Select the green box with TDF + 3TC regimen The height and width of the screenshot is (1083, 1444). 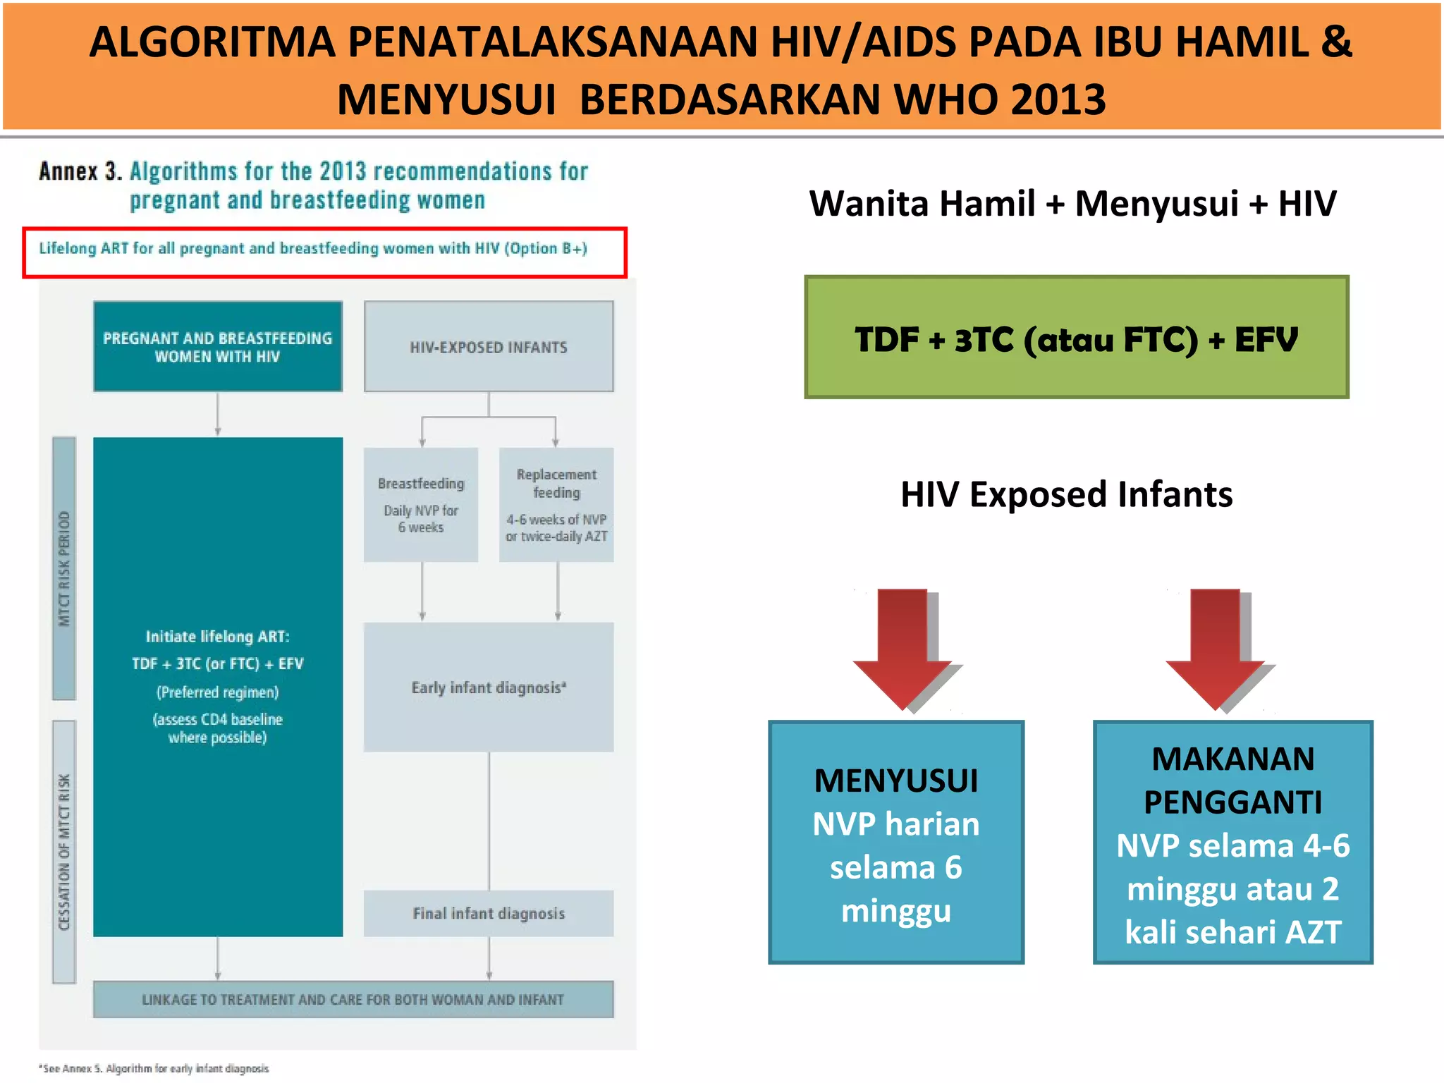pyautogui.click(x=1076, y=338)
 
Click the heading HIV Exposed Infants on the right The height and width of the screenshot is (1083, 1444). pyautogui.click(x=1066, y=494)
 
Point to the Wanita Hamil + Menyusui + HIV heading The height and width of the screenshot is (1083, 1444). pyautogui.click(x=1072, y=204)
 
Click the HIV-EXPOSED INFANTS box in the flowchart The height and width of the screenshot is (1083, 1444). pyautogui.click(x=489, y=347)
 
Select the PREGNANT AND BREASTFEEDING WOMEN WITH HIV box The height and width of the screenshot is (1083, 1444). pyautogui.click(x=217, y=347)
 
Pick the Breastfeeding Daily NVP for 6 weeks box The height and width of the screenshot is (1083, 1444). pyautogui.click(x=421, y=505)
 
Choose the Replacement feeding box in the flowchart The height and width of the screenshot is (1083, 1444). pyautogui.click(x=556, y=505)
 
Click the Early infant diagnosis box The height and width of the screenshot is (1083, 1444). pyautogui.click(x=489, y=687)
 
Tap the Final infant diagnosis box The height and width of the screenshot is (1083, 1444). pyautogui.click(x=489, y=914)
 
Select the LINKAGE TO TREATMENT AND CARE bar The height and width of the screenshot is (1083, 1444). pyautogui.click(x=353, y=1000)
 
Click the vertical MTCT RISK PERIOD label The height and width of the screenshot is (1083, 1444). pyautogui.click(x=64, y=568)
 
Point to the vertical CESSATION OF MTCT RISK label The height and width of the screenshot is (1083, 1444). pyautogui.click(x=64, y=852)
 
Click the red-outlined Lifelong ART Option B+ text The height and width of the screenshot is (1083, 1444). pyautogui.click(x=313, y=249)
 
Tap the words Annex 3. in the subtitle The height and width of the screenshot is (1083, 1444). pyautogui.click(x=80, y=171)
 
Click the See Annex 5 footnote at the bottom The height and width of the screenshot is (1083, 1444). pyautogui.click(x=155, y=1069)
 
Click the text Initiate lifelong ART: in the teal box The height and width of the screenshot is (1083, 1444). pyautogui.click(x=217, y=637)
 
